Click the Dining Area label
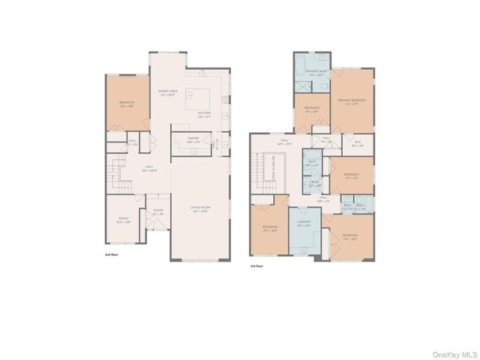[x=167, y=92]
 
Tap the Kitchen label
[x=205, y=115]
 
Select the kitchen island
[x=199, y=95]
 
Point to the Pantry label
[x=183, y=139]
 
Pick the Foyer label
[x=158, y=212]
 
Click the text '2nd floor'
[x=112, y=256]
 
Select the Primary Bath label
[x=313, y=72]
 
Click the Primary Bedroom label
[x=351, y=100]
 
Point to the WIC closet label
[x=357, y=145]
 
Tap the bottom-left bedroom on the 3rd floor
[x=270, y=229]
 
